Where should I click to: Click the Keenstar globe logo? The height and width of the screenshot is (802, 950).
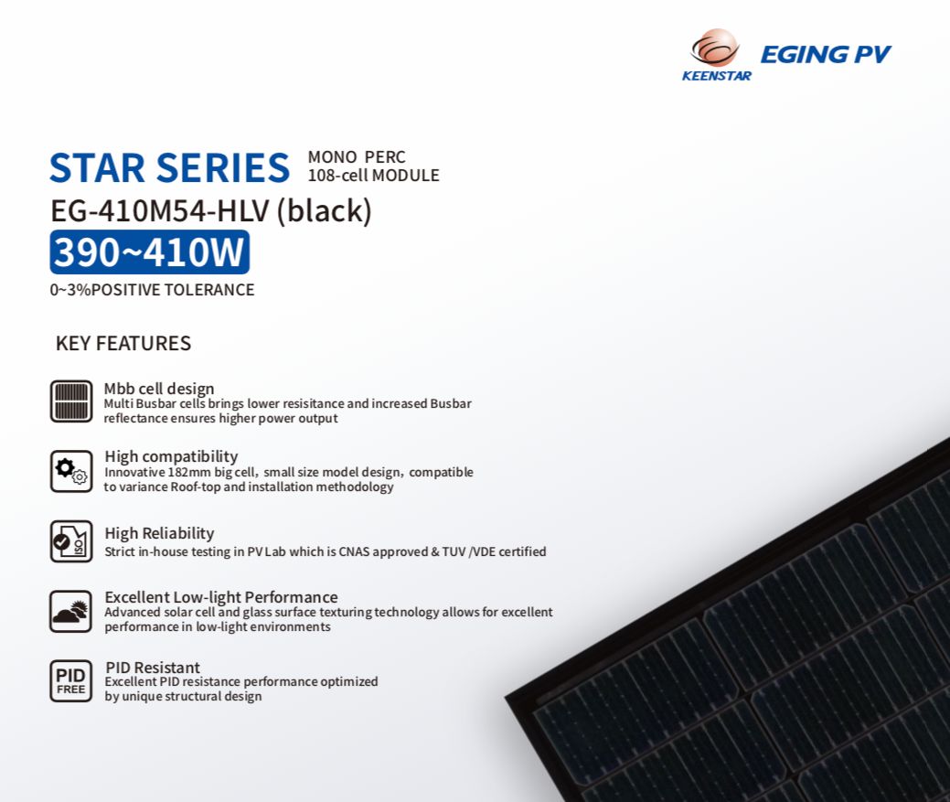(716, 48)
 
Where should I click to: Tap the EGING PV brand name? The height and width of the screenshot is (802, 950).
(825, 55)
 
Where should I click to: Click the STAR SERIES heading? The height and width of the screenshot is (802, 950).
(170, 167)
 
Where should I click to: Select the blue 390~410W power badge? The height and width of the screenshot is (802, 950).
(150, 252)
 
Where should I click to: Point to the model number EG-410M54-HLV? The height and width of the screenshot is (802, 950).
(160, 211)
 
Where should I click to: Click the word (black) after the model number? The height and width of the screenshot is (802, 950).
(325, 211)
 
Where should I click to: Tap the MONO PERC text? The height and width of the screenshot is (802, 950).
(357, 157)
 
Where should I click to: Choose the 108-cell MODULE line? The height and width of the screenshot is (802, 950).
(373, 176)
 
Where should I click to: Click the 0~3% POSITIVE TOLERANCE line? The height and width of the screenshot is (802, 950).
(152, 290)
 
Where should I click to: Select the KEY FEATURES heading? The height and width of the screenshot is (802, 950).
(123, 344)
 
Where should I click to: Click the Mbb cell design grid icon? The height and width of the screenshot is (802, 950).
(71, 401)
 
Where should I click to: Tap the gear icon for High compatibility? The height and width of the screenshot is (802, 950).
(71, 471)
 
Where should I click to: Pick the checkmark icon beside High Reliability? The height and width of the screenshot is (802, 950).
(71, 541)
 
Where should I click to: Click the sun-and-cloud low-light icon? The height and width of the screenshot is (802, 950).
(71, 611)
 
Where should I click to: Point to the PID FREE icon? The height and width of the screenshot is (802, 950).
(71, 681)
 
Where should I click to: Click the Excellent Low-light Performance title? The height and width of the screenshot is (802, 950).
(221, 597)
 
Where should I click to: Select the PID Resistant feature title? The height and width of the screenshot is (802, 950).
(153, 668)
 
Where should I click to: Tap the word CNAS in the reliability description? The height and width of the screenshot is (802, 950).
(354, 551)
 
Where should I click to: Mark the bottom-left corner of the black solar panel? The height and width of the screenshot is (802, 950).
(506, 698)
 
